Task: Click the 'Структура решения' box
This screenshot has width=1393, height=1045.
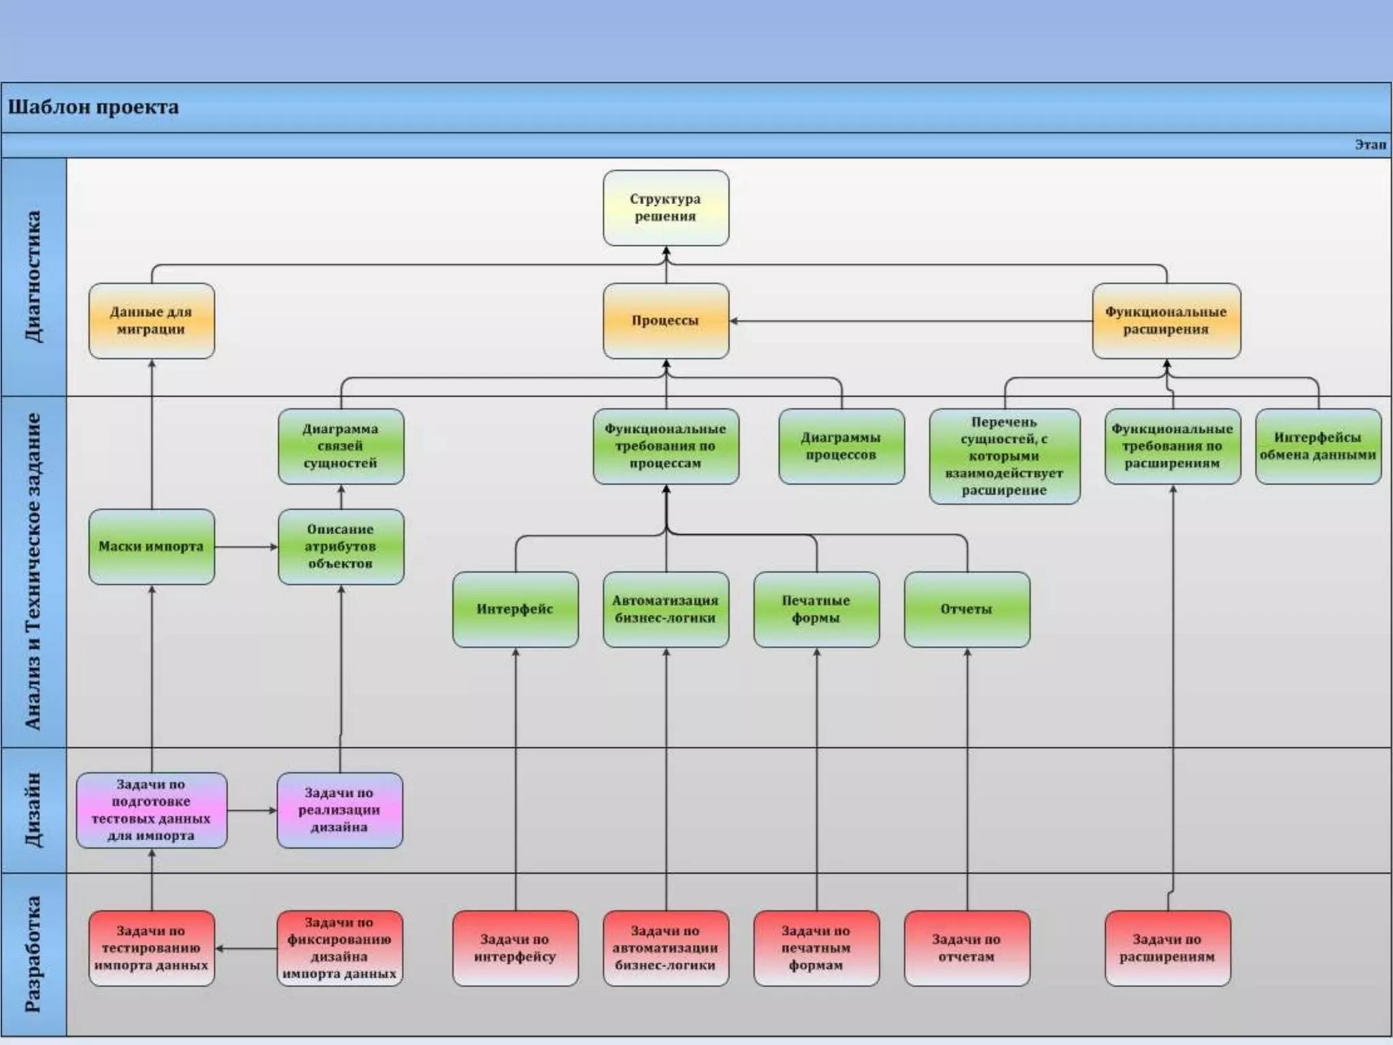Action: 666,208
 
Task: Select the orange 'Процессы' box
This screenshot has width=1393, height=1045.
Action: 666,320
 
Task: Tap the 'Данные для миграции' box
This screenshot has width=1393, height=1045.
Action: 151,320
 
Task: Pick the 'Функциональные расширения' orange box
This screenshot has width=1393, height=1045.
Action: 1166,320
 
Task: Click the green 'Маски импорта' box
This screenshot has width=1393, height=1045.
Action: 151,546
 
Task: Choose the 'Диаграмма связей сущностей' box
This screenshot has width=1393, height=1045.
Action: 341,446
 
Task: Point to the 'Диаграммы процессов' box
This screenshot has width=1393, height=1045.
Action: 841,446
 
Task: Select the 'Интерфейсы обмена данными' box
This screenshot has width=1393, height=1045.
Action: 1318,446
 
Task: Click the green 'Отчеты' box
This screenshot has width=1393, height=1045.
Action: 967,609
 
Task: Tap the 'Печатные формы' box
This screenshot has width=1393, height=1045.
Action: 816,609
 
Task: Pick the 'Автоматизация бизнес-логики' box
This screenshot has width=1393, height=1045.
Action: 666,609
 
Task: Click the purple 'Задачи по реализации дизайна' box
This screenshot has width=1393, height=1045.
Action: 339,810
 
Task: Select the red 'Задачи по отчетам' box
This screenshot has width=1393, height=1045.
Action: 967,948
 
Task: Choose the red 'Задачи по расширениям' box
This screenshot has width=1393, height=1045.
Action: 1167,948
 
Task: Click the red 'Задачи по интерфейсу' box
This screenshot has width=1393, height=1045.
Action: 515,948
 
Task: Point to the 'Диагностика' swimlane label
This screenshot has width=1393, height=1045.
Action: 33,276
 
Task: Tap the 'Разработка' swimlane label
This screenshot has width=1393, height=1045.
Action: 33,954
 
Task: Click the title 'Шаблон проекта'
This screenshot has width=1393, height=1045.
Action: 93,107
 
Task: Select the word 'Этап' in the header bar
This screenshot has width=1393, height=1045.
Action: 1370,145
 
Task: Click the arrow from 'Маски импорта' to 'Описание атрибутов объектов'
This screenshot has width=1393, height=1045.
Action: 246,546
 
